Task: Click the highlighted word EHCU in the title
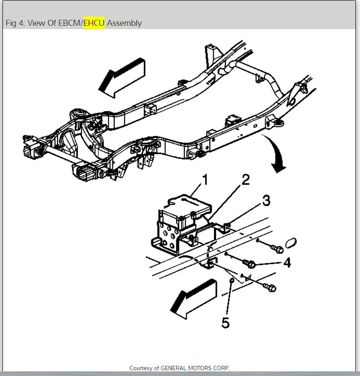coord(94,23)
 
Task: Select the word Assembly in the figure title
coord(124,23)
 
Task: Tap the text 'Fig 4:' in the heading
coord(16,23)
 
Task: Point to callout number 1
coord(205,180)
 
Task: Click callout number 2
coord(245,180)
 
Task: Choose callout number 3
coord(266,200)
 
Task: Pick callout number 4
coord(287,263)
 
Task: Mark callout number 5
coord(225,323)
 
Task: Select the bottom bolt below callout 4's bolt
coord(270,288)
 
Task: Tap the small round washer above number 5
coord(232,280)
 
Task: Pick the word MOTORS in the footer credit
coord(204,368)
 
